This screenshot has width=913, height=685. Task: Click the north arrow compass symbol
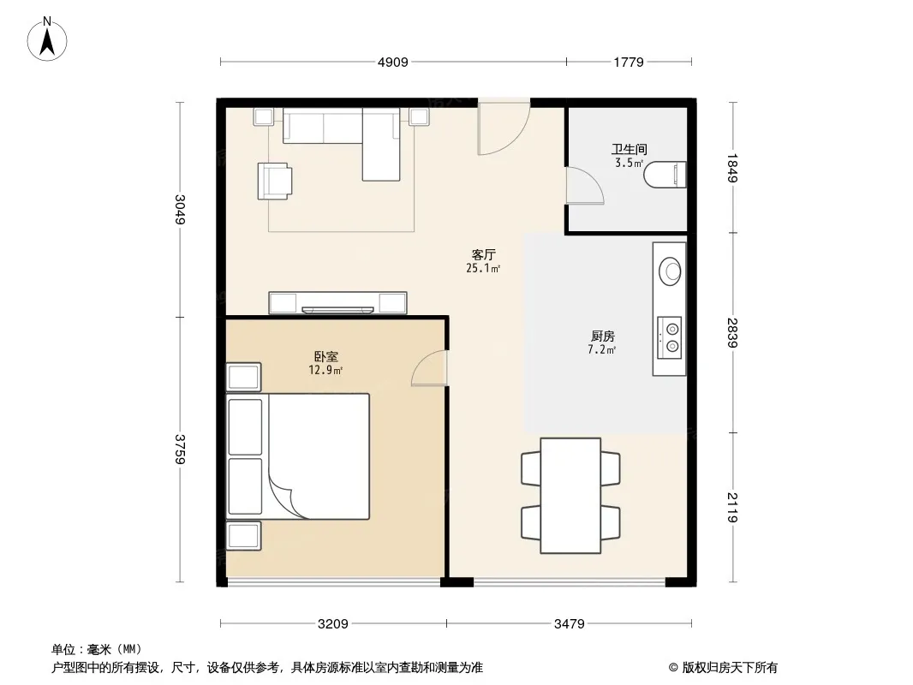47,39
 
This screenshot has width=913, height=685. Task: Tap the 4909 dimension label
393,63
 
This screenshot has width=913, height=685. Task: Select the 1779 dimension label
629,63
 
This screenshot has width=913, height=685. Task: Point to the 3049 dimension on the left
181,210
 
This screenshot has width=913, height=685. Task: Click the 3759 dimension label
181,450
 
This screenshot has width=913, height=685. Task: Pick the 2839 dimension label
732,333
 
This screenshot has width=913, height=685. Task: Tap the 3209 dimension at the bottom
333,624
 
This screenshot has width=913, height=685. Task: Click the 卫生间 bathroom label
629,150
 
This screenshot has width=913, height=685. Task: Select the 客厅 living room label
483,255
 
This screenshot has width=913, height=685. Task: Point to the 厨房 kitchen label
603,337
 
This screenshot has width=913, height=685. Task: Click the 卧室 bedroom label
326,357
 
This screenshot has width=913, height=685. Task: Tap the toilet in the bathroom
665,175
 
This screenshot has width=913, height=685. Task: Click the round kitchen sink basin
670,271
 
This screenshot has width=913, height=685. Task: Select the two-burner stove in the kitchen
670,338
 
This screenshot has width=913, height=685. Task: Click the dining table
570,495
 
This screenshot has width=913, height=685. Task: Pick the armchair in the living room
274,181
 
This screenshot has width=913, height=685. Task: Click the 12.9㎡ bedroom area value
325,370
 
